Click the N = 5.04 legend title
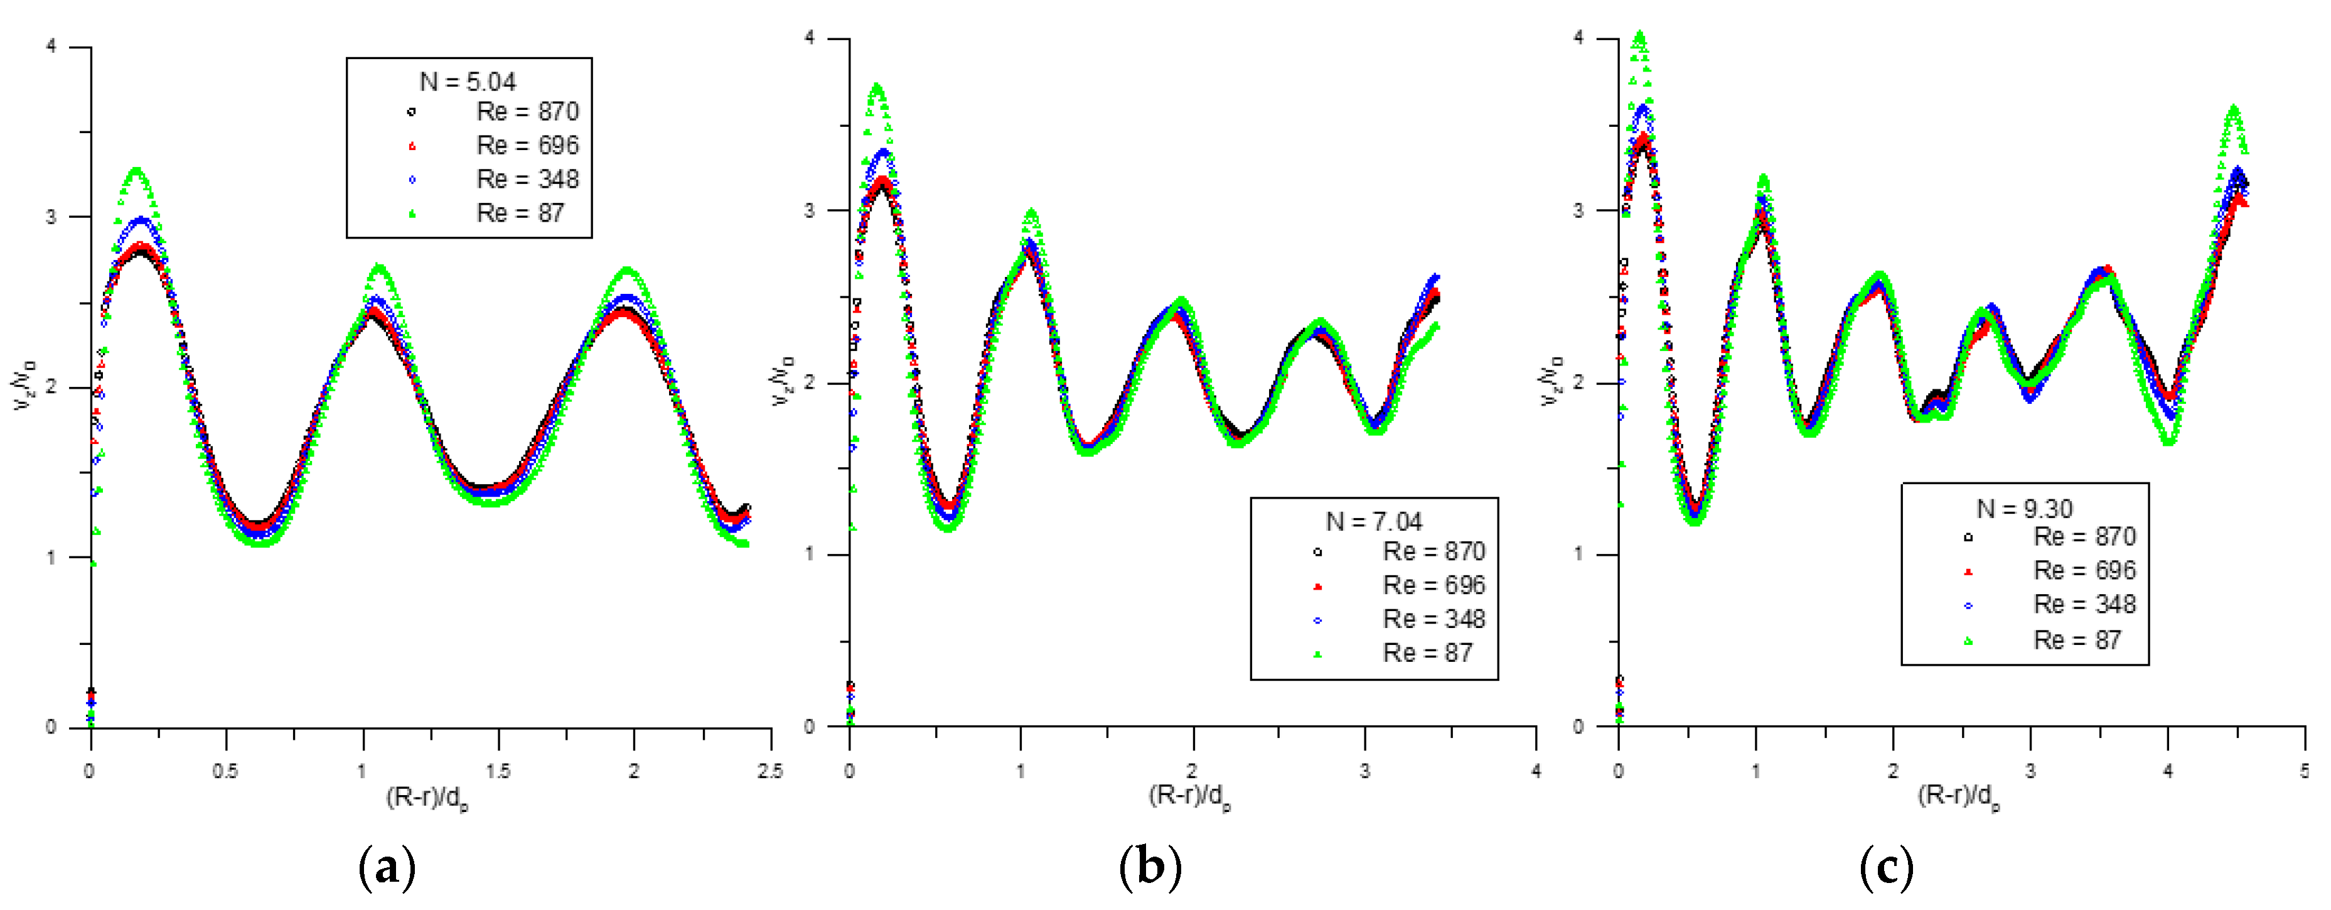click(x=468, y=82)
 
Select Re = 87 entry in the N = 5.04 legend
click(x=520, y=213)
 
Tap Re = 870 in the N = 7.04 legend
click(x=1433, y=551)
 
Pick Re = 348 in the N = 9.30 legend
click(x=2084, y=604)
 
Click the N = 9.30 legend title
click(x=2023, y=509)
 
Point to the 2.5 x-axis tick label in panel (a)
click(x=770, y=771)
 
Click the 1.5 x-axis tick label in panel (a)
click(x=498, y=771)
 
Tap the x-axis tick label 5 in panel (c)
click(x=2304, y=771)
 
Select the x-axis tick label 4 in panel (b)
click(x=1536, y=771)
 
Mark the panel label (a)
click(x=387, y=867)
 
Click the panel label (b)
click(x=1150, y=867)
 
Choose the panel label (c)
click(x=1887, y=867)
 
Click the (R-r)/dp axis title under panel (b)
click(x=1189, y=796)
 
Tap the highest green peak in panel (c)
click(x=1639, y=37)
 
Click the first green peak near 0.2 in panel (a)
click(x=137, y=171)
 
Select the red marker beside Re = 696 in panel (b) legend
click(x=1317, y=586)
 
